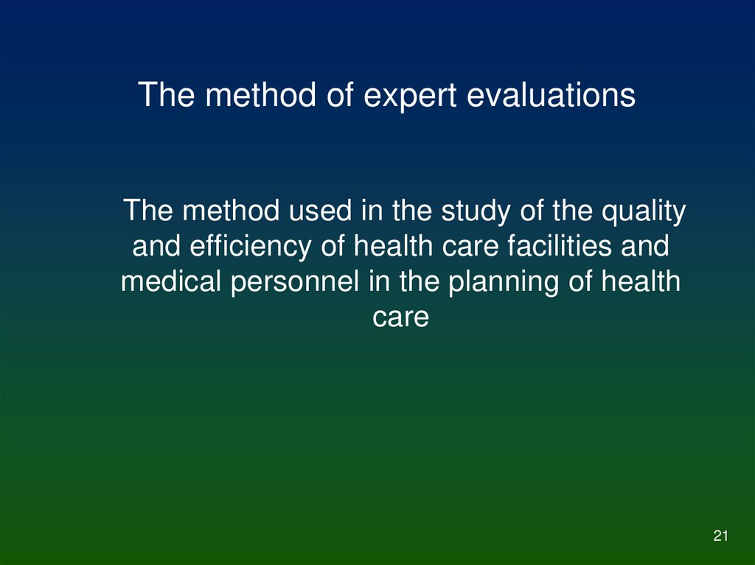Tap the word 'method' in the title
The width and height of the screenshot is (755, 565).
pos(254,96)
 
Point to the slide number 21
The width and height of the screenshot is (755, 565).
pos(720,536)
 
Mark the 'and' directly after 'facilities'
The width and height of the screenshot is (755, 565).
pos(645,247)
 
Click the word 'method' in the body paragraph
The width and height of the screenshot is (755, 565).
pos(232,212)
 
